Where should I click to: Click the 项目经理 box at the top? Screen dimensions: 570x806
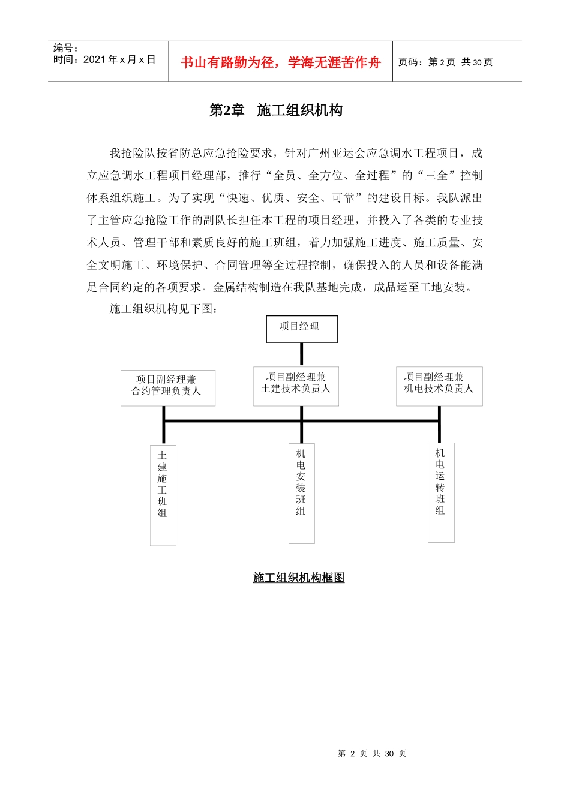pos(302,329)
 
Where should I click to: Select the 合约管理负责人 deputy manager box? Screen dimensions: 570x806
pos(167,387)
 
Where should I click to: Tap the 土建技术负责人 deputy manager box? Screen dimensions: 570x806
pos(296,386)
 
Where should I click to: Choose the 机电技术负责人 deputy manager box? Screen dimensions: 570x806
pos(439,386)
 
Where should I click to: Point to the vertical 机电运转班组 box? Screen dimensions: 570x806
pos(441,492)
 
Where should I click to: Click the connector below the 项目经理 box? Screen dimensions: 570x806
pos(301,354)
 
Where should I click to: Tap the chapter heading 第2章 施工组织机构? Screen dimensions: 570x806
pos(276,110)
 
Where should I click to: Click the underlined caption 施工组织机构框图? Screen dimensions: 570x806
pos(299,578)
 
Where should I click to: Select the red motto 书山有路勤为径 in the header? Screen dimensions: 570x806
pos(281,62)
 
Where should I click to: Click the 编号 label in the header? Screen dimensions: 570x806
pos(65,48)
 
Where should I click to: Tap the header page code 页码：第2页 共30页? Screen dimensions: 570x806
pos(446,62)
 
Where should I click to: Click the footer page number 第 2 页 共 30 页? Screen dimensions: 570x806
pos(372,753)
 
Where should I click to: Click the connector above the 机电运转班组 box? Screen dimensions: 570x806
pos(439,432)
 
